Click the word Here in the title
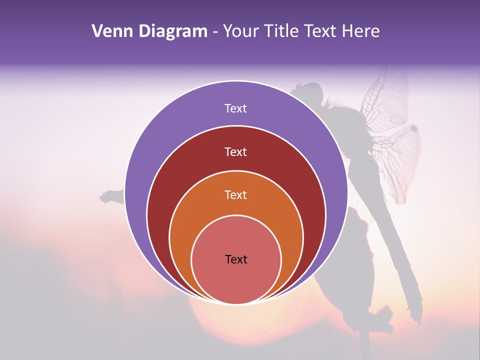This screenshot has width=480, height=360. (360, 31)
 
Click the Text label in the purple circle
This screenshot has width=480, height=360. (235, 108)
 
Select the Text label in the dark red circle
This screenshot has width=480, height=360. (235, 151)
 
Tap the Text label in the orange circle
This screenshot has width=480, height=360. (235, 194)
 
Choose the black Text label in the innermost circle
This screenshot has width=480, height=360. (236, 259)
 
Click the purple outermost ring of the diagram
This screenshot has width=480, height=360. (150, 150)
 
